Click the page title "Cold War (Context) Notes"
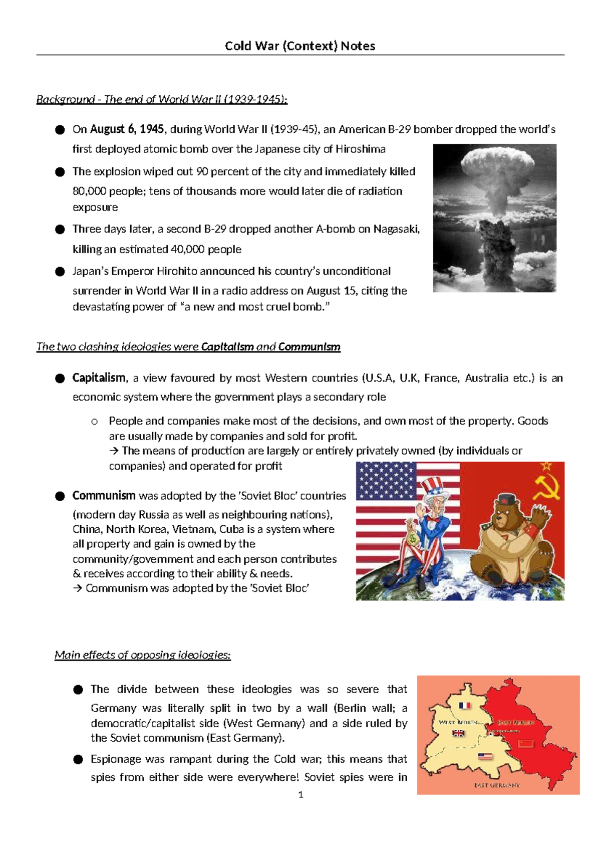click(x=300, y=46)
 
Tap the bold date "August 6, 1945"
click(x=127, y=129)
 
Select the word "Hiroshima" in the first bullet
click(x=360, y=149)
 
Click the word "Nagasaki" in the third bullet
click(x=396, y=229)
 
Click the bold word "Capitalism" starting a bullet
click(x=99, y=377)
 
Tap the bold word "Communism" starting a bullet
click(x=104, y=496)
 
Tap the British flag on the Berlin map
click(x=458, y=733)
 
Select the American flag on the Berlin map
click(x=485, y=757)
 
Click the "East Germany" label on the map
click(x=497, y=785)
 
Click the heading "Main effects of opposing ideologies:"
click(x=143, y=655)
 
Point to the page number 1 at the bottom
click(x=300, y=794)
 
